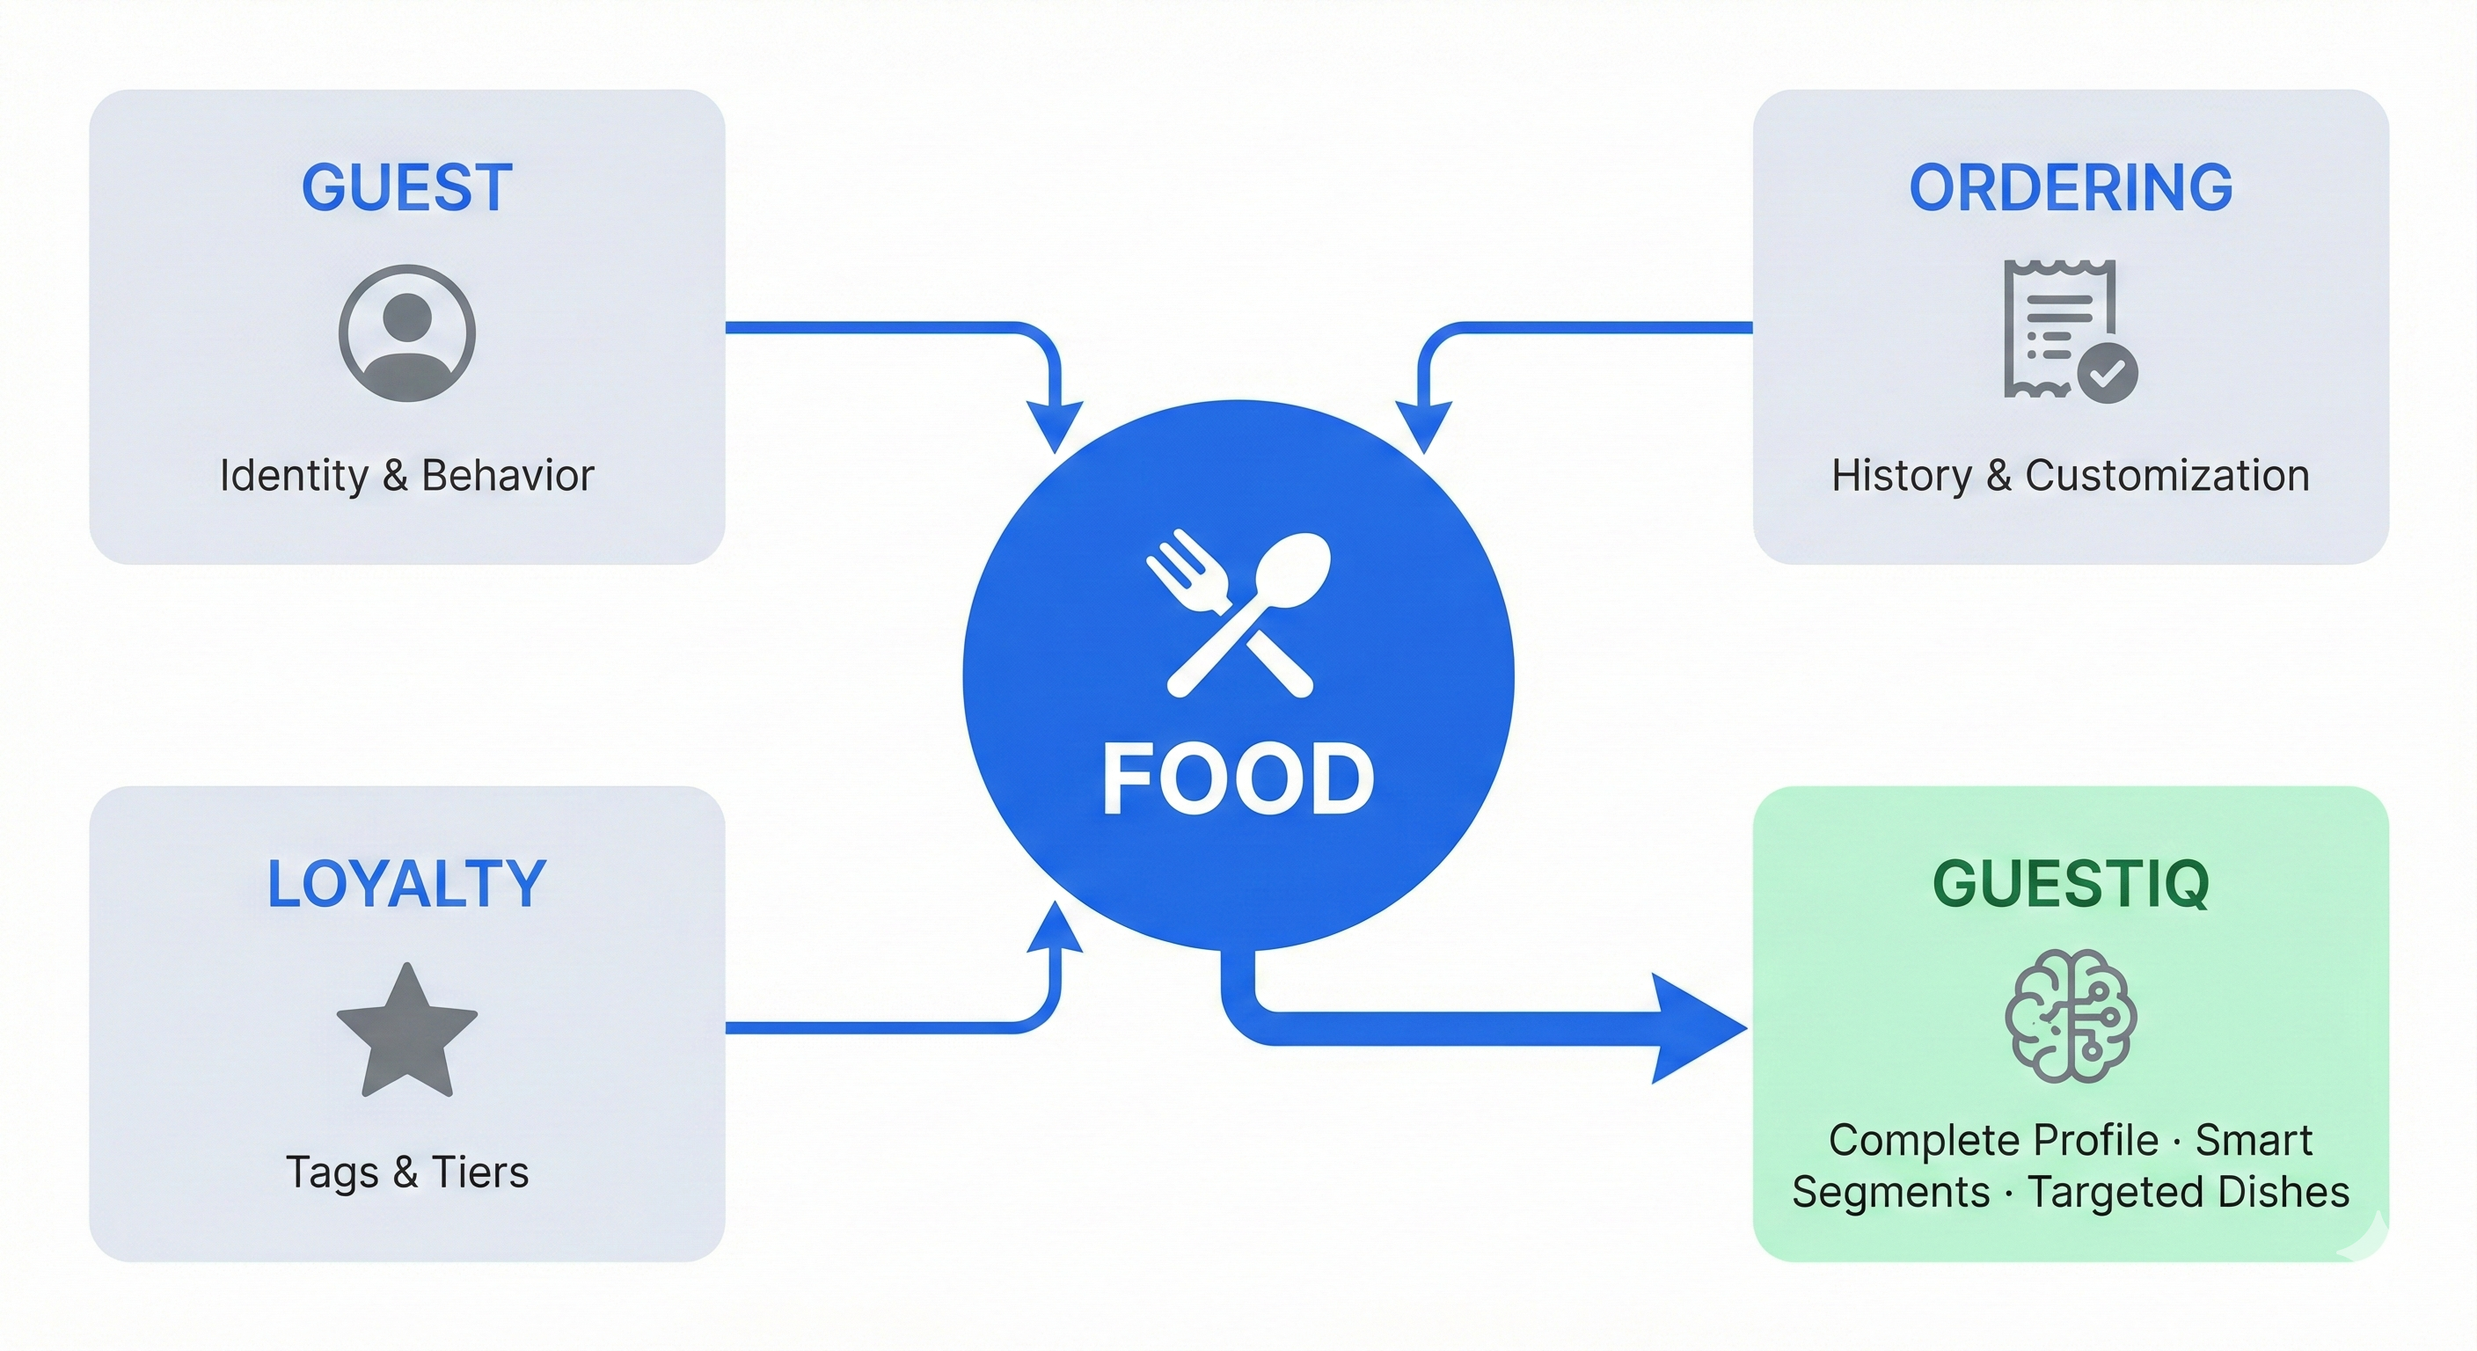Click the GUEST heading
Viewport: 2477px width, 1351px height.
(x=406, y=187)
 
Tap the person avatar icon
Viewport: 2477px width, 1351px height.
(x=406, y=333)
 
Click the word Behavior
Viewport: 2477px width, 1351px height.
(x=508, y=476)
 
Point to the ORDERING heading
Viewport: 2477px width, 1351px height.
(x=2071, y=187)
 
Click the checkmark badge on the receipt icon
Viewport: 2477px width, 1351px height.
(x=2107, y=373)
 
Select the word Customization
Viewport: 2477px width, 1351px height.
(x=2166, y=476)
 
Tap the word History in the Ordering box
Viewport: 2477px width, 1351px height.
(x=1901, y=476)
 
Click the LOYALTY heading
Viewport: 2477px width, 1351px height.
(x=406, y=884)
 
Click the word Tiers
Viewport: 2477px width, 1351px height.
(x=479, y=1172)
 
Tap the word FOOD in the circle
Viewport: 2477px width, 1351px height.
(x=1238, y=779)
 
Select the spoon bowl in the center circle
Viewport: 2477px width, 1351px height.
(x=1294, y=569)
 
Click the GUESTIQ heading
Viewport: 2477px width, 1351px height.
(x=2071, y=884)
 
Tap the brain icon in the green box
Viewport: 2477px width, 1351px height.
(x=2071, y=1017)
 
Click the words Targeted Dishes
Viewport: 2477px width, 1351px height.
(x=2188, y=1193)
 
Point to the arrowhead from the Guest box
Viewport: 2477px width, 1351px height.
(x=1055, y=425)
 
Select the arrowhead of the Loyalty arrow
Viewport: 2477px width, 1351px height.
(x=1055, y=929)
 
